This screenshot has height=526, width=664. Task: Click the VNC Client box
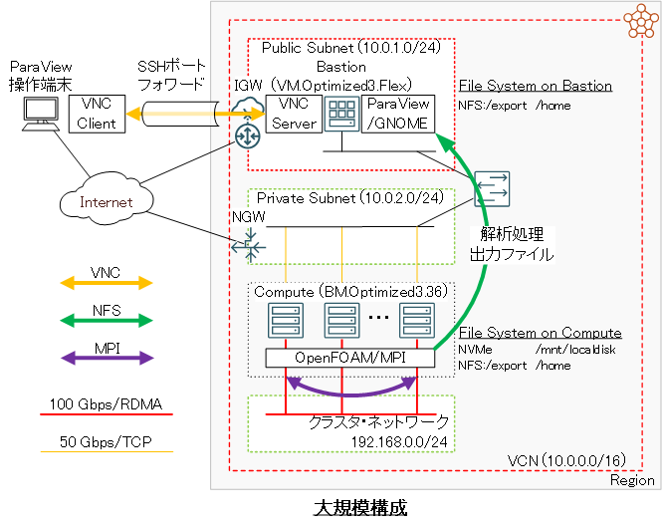point(97,115)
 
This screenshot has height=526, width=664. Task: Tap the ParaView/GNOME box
point(398,114)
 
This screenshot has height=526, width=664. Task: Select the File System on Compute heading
point(540,333)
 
